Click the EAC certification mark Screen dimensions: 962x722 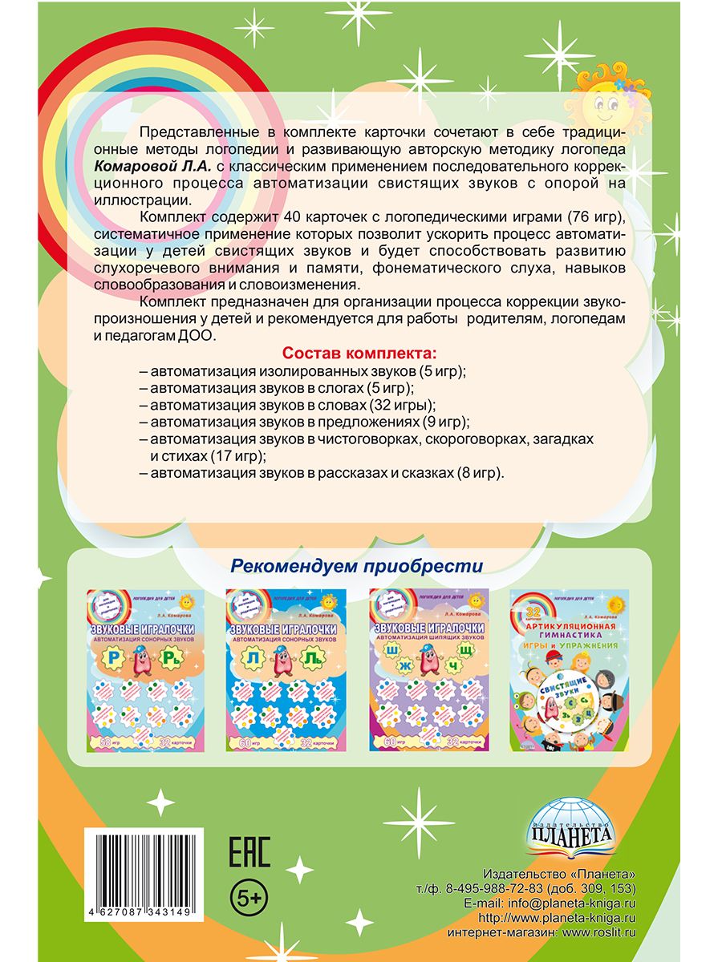coord(250,852)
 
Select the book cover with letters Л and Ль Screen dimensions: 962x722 coord(287,669)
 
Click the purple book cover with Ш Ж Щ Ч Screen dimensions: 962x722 coord(428,669)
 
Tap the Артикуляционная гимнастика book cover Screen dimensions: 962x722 coord(570,669)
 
